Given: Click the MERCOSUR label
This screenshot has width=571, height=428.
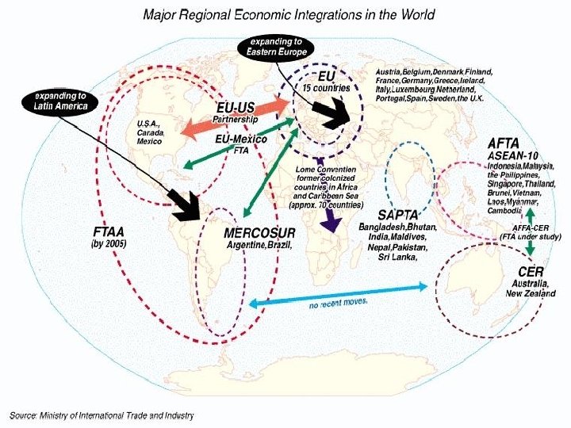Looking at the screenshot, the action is [x=259, y=233].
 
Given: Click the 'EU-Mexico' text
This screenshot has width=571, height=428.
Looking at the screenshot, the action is [x=242, y=139].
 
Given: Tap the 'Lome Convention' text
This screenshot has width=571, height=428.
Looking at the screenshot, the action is [x=326, y=170].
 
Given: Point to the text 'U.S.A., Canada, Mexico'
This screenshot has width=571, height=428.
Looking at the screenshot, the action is [x=151, y=133].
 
